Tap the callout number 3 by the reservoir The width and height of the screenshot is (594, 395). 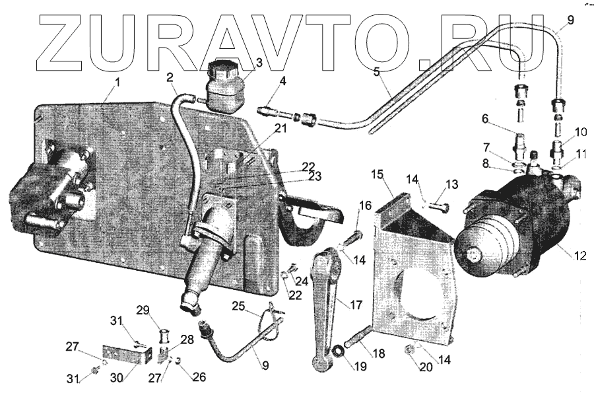tap(259, 63)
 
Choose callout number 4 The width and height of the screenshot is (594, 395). tap(282, 81)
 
